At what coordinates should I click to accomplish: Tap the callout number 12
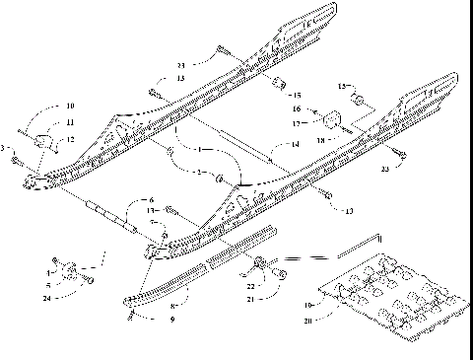(70, 140)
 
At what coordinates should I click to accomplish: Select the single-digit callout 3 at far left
(5, 148)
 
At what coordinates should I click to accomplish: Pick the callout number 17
(294, 124)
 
